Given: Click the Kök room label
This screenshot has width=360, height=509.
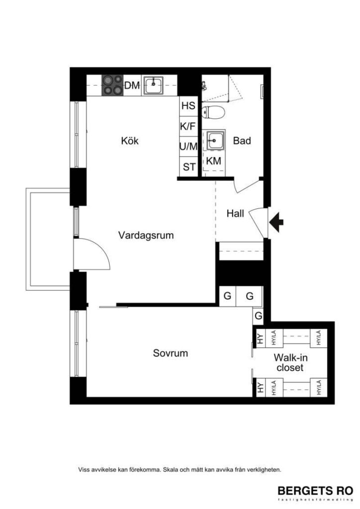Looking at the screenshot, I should pyautogui.click(x=130, y=141).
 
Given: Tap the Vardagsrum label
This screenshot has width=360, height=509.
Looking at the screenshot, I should pyautogui.click(x=146, y=235).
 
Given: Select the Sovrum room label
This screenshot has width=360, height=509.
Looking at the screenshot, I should pyautogui.click(x=171, y=353).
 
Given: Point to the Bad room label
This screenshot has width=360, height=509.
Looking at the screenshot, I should pyautogui.click(x=242, y=141).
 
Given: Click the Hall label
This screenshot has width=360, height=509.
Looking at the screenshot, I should pyautogui.click(x=235, y=214).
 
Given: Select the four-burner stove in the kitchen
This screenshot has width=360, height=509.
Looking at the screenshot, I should pyautogui.click(x=112, y=85).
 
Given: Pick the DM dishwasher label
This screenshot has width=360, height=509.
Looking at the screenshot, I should pyautogui.click(x=132, y=85).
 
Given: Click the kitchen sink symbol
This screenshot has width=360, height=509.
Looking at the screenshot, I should pyautogui.click(x=154, y=85).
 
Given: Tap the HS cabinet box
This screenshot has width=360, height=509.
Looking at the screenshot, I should pyautogui.click(x=188, y=106).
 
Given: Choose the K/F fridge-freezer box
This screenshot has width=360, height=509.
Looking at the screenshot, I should pyautogui.click(x=188, y=126).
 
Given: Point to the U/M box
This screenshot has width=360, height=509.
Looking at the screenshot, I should pyautogui.click(x=188, y=147).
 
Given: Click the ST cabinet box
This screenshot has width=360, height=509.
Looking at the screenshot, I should pyautogui.click(x=189, y=167).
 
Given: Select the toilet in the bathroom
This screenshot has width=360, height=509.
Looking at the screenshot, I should pyautogui.click(x=214, y=112).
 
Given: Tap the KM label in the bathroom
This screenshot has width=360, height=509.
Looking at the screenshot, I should pyautogui.click(x=214, y=161).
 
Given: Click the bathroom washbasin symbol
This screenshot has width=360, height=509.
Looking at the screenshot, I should pyautogui.click(x=215, y=140).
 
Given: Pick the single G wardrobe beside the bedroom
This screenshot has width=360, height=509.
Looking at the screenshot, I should pyautogui.click(x=258, y=315).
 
